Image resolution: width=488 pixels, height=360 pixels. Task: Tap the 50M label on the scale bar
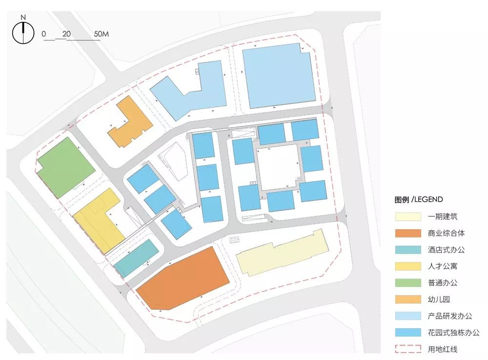101,34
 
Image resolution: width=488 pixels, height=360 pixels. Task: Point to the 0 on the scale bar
44,34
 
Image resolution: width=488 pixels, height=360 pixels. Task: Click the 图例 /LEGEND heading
419,199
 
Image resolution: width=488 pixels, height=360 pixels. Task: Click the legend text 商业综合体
443,233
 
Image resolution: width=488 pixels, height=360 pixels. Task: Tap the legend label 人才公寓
443,266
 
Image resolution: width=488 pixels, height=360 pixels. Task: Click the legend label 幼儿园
439,300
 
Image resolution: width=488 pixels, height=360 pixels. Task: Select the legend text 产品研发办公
449,316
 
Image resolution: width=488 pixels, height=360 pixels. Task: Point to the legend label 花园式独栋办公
453,333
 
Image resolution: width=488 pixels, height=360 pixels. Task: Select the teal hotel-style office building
137,259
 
